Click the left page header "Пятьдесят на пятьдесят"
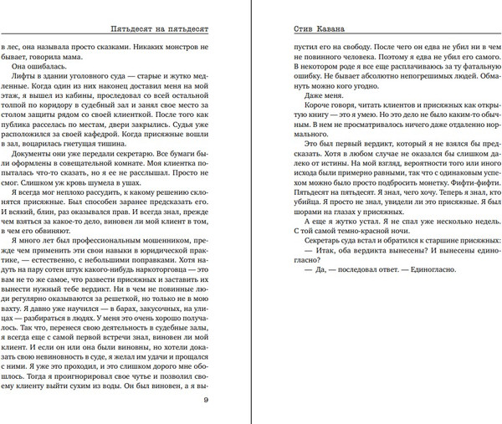159,28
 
